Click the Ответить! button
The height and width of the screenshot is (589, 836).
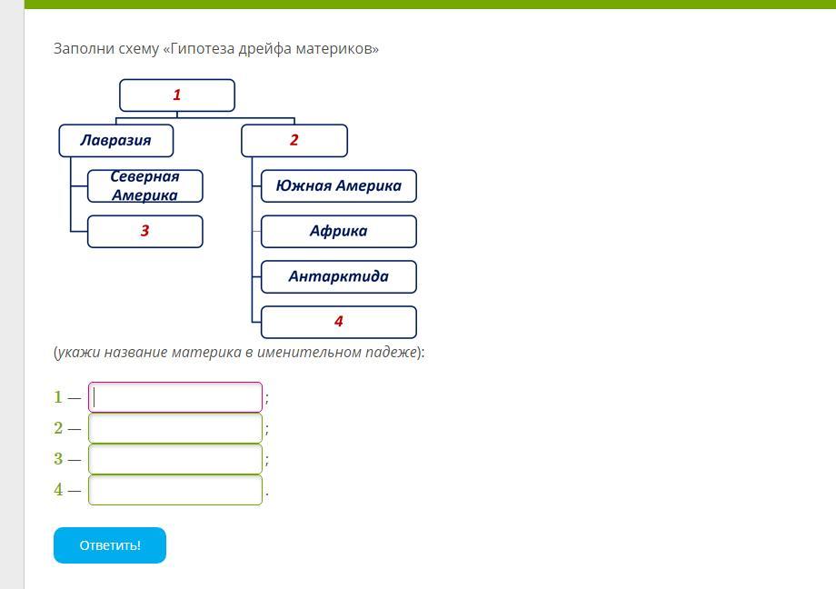110,545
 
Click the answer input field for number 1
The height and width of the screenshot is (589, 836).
175,397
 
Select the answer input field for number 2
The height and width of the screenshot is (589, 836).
175,428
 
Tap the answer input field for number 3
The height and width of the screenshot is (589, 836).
175,459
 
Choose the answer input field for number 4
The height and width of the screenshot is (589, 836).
175,490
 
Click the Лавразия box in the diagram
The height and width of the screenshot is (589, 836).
115,140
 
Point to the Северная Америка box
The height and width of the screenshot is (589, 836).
144,185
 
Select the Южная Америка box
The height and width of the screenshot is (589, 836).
338,185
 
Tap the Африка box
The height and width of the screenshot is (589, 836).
338,231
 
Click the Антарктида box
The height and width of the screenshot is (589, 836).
338,276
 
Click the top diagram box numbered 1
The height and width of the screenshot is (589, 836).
177,95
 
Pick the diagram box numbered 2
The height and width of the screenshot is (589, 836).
294,140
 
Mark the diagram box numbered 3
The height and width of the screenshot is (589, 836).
144,231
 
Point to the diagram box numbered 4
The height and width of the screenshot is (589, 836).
338,322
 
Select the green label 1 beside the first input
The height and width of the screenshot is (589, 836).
58,397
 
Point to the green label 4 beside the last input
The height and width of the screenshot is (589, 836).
58,490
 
